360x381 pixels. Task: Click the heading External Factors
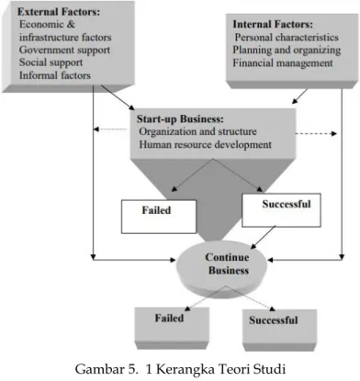coord(59,12)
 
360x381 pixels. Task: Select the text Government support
coord(64,50)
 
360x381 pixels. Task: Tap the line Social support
coord(51,62)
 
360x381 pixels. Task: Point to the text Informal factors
coord(55,75)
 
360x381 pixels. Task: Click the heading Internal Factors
coord(273,24)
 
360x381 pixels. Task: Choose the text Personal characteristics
coord(287,38)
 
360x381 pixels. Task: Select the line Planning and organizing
coord(287,50)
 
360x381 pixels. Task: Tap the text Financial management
coord(283,63)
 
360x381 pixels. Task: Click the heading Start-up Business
coord(180,119)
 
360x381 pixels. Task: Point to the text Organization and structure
coord(197,131)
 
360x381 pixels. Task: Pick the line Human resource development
coord(205,144)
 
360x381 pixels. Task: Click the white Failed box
coord(159,217)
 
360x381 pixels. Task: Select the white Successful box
coord(281,210)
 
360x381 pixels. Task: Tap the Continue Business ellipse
coord(222,267)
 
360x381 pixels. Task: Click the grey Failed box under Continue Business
coord(172,328)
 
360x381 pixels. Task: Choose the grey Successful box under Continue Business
coord(279,331)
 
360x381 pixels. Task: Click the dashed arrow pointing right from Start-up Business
coord(316,133)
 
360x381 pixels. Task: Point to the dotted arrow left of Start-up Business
coord(110,129)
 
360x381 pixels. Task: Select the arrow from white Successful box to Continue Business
coord(264,237)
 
